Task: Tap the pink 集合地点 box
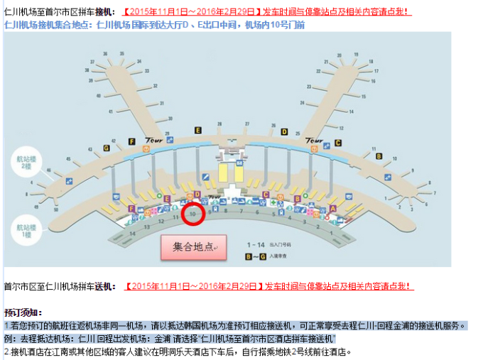[193, 246]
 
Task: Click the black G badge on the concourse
[107, 148]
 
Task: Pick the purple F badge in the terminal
[131, 209]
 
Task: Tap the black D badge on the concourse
[284, 131]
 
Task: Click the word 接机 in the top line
[104, 11]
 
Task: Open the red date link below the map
[191, 287]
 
